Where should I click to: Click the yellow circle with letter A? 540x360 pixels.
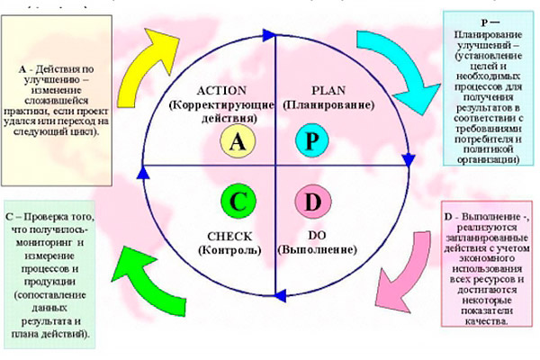(x=237, y=140)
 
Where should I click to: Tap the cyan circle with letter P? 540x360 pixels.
(x=311, y=140)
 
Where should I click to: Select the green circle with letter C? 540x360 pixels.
(x=237, y=202)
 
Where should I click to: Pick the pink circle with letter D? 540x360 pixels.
(x=311, y=202)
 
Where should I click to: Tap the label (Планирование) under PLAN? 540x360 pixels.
(x=321, y=104)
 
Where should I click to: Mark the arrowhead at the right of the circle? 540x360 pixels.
(x=407, y=163)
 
